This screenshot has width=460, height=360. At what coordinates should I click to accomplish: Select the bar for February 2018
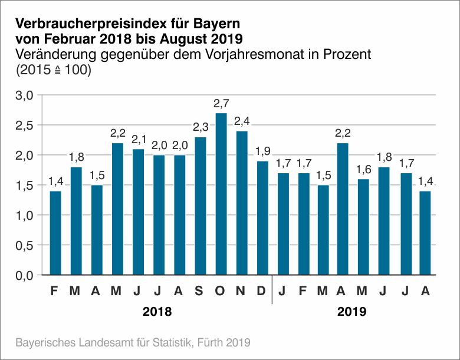56,233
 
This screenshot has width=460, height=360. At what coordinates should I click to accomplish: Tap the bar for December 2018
262,218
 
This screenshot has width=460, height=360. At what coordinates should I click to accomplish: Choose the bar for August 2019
425,233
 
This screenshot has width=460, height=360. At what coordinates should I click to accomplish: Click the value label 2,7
221,104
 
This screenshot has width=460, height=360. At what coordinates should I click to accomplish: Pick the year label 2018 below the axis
157,312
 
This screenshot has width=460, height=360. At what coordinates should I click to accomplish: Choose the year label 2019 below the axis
352,312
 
